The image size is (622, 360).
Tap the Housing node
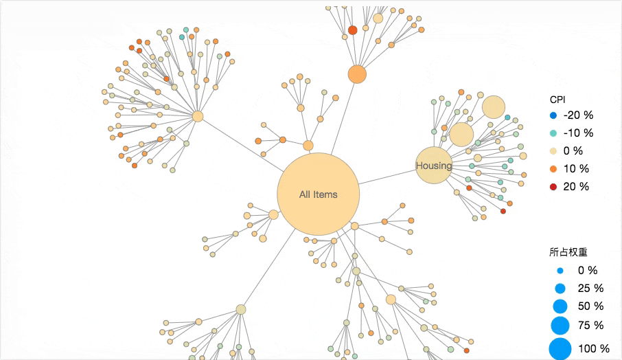434,166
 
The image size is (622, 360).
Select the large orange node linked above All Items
357,74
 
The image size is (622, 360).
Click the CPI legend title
557,99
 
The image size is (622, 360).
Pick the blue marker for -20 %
553,115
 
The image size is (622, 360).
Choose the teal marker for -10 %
553,133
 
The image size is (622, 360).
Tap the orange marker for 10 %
553,169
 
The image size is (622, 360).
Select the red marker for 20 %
553,187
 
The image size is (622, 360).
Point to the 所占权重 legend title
568,253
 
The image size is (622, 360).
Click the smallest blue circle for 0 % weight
560,271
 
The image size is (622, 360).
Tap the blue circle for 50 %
560,306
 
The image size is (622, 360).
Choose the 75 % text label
590,325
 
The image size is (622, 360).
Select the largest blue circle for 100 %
560,349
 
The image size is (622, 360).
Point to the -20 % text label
578,115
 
